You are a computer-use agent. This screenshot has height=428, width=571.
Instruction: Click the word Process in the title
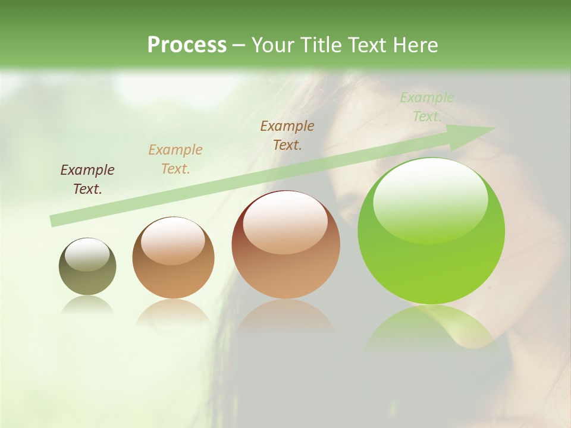(x=187, y=45)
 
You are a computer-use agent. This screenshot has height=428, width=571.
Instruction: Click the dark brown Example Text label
(x=87, y=180)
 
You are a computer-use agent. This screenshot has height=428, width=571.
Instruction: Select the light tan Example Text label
(x=175, y=159)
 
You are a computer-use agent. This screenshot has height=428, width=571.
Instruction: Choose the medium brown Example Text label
(x=287, y=136)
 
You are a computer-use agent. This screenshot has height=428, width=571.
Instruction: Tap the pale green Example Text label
(x=427, y=107)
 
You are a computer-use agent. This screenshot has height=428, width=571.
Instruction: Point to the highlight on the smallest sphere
(x=87, y=255)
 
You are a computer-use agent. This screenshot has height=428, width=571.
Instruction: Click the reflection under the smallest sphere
(x=87, y=306)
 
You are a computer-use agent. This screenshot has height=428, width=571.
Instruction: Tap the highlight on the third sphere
(x=285, y=223)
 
